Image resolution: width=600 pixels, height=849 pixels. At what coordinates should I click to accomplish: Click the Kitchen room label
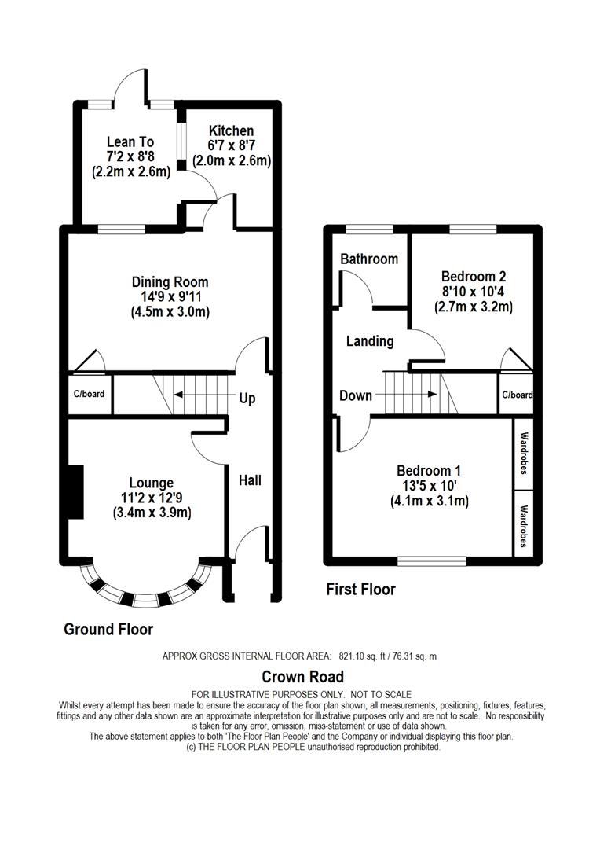pyautogui.click(x=231, y=131)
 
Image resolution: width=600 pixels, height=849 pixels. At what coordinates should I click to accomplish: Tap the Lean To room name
pyautogui.click(x=130, y=141)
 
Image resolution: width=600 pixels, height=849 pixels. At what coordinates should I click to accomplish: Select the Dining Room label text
pyautogui.click(x=170, y=282)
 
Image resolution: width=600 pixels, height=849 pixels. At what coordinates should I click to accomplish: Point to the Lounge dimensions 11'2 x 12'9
pyautogui.click(x=152, y=498)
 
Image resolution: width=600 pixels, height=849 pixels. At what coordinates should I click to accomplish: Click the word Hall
pyautogui.click(x=250, y=480)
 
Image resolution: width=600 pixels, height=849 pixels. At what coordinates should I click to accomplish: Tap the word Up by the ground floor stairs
pyautogui.click(x=247, y=399)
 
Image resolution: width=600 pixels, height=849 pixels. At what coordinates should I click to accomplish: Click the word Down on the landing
pyautogui.click(x=356, y=395)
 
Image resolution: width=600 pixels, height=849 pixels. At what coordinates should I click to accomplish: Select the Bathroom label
pyautogui.click(x=369, y=259)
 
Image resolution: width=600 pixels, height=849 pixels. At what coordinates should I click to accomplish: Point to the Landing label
pyautogui.click(x=370, y=341)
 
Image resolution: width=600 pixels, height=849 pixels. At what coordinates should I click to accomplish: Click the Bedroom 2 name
pyautogui.click(x=474, y=277)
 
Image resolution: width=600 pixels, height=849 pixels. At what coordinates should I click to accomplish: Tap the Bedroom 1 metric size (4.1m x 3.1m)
pyautogui.click(x=430, y=502)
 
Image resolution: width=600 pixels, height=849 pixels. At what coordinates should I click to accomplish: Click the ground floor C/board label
pyautogui.click(x=90, y=394)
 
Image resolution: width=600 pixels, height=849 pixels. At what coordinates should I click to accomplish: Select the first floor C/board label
pyautogui.click(x=518, y=395)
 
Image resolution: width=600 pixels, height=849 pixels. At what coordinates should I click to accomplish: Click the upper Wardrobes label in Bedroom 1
pyautogui.click(x=524, y=453)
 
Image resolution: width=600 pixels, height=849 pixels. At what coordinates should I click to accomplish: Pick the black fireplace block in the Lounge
pyautogui.click(x=75, y=492)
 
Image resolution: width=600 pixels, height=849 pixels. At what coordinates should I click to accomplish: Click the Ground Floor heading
pyautogui.click(x=108, y=629)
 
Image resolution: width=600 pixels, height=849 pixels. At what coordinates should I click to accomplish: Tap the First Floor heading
pyautogui.click(x=361, y=589)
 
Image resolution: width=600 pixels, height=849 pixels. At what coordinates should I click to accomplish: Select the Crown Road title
pyautogui.click(x=303, y=677)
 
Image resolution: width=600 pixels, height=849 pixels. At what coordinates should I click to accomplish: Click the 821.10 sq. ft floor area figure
pyautogui.click(x=360, y=656)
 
